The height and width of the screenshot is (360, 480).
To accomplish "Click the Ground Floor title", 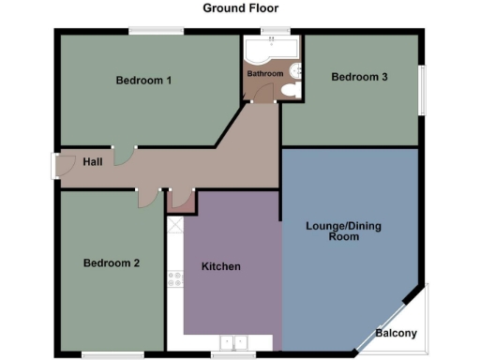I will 240,8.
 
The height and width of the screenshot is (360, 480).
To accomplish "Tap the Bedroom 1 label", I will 143,81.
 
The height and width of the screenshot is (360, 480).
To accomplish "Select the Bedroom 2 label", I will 111,263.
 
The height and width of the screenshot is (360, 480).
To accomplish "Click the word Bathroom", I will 264,73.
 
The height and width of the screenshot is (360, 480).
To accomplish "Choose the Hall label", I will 93,162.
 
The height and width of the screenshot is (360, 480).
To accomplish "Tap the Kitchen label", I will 221,267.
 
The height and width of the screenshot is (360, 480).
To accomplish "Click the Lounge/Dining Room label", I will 344,232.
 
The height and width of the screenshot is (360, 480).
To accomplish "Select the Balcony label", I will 397,334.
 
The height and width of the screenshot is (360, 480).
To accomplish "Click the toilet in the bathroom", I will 289,90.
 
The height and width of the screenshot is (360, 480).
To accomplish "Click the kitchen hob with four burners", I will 174,277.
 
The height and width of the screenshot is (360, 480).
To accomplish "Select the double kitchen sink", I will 232,342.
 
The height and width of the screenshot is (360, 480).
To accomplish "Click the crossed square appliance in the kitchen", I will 174,225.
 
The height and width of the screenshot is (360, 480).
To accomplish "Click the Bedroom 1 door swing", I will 123,155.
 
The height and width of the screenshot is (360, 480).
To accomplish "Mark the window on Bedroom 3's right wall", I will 423,91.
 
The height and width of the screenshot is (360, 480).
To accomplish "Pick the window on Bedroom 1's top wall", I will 156,32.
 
